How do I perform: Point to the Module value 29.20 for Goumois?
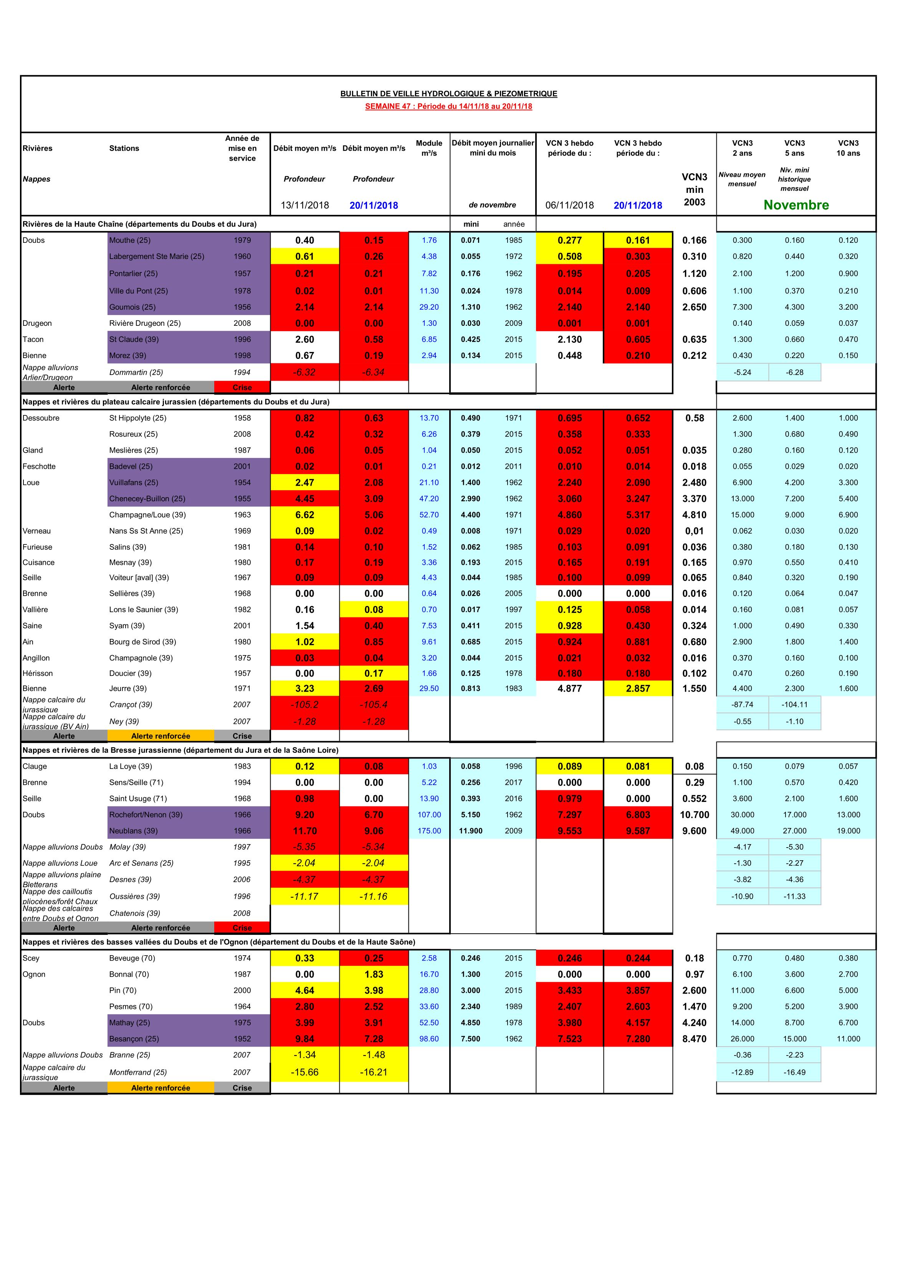click(x=429, y=307)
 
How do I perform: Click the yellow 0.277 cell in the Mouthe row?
click(x=569, y=240)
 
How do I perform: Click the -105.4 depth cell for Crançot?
click(x=374, y=705)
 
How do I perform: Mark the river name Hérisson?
click(x=38, y=674)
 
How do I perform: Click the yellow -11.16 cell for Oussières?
click(x=374, y=897)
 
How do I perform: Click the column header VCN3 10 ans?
click(x=848, y=148)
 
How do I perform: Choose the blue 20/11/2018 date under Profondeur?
click(x=374, y=206)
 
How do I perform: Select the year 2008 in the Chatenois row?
click(x=242, y=913)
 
